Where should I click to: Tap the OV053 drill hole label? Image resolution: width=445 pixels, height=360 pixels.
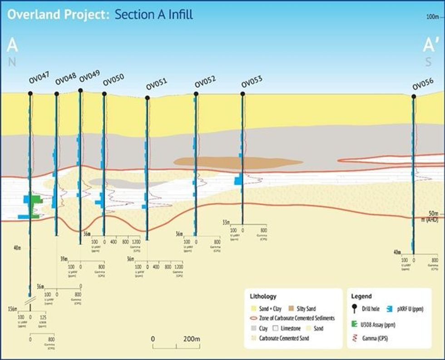point(252,83)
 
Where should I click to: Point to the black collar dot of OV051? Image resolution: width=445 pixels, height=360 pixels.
point(147,98)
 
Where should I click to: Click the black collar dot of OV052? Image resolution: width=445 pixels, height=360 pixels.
point(196,94)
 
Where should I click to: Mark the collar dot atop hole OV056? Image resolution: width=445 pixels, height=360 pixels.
point(413,96)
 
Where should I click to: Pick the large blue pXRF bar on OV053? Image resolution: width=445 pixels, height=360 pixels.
point(238,181)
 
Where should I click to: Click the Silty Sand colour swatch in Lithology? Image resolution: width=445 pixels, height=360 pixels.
point(291,309)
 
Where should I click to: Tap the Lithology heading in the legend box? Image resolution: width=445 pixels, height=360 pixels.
point(263,296)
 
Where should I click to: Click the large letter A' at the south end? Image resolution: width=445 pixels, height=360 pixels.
point(430,45)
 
